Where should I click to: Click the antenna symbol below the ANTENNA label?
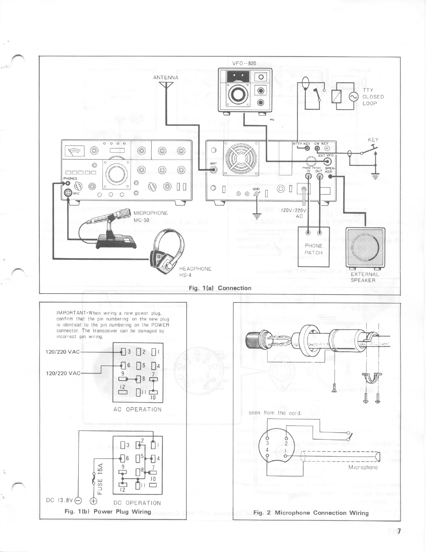click(x=166, y=86)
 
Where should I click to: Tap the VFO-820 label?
click(x=244, y=63)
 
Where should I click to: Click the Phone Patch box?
click(x=314, y=247)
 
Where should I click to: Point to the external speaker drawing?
click(x=365, y=247)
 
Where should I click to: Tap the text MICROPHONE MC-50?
click(x=151, y=216)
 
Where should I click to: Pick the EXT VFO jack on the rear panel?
click(x=328, y=162)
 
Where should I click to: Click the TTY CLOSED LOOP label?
click(x=373, y=97)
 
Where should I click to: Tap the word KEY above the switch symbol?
click(x=373, y=140)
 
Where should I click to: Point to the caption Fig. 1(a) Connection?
click(x=220, y=288)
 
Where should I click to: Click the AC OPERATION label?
click(x=137, y=409)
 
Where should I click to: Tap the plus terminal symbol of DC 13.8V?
click(x=94, y=501)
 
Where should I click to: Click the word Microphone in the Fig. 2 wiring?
click(x=363, y=467)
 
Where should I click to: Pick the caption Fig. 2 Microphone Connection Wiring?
click(x=311, y=513)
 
